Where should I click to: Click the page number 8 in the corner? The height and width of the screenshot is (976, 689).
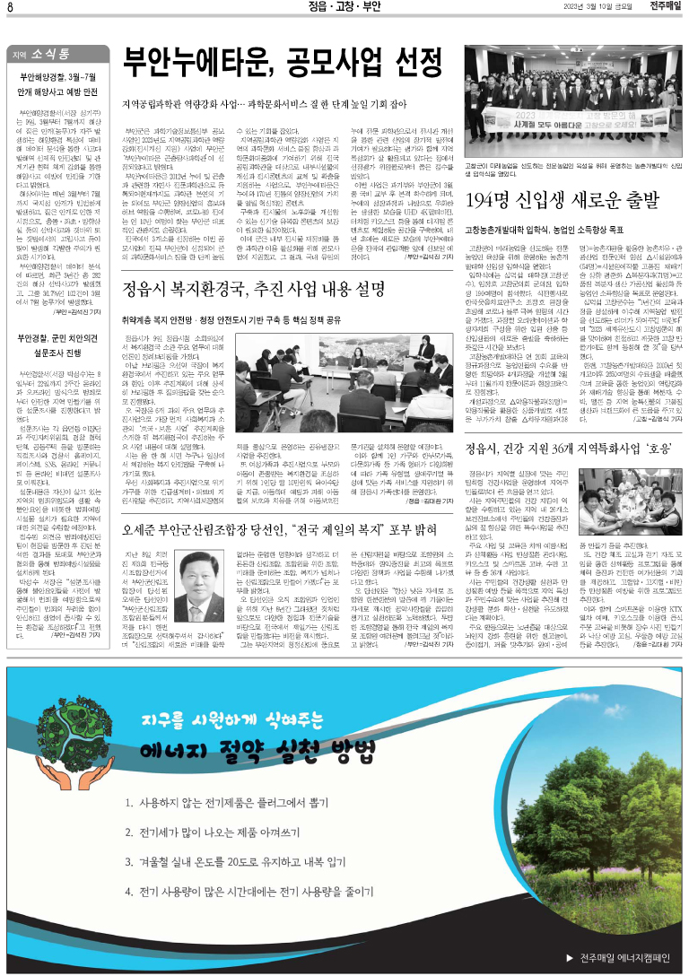point(9,7)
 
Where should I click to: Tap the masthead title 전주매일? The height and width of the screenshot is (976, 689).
point(661,7)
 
